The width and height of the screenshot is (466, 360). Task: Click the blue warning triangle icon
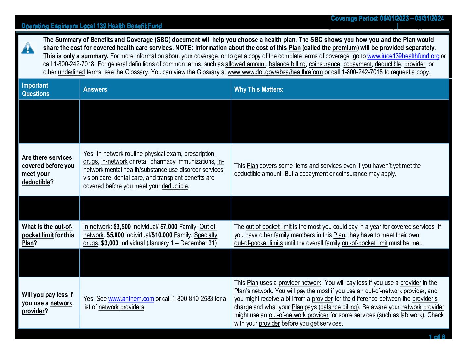tap(28, 48)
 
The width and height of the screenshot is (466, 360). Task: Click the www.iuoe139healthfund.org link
tap(403, 56)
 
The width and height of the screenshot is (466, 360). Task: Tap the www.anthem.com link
tap(131, 299)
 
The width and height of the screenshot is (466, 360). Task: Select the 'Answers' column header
tap(95, 89)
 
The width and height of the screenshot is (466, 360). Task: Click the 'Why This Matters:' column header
tap(258, 89)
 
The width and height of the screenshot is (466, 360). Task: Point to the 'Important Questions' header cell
tap(35, 89)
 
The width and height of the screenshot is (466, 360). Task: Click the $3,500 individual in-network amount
tap(122, 227)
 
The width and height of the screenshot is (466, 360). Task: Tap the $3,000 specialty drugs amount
tap(110, 243)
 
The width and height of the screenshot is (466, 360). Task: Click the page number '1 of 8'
tap(437, 337)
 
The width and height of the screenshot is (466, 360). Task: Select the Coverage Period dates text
tap(387, 19)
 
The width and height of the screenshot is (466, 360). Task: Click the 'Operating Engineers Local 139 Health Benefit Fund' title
tap(91, 26)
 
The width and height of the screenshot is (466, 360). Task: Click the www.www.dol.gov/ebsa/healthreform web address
tap(275, 72)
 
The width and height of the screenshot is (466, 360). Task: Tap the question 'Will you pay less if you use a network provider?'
tap(47, 303)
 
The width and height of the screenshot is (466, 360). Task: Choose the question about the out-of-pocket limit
tap(48, 235)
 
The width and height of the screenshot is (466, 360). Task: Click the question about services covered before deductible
tap(48, 170)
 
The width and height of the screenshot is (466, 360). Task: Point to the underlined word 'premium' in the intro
tap(345, 48)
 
